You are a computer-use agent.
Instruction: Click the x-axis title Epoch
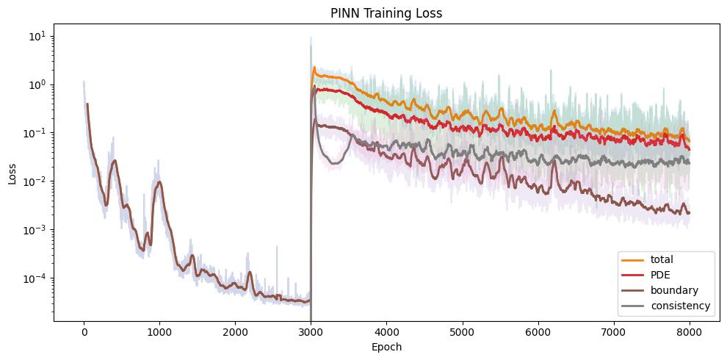click(386, 346)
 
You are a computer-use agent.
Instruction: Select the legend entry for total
click(662, 259)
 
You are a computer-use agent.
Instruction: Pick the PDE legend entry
click(660, 275)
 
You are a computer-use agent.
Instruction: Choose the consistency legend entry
click(680, 306)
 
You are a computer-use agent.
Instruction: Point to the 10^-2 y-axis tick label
click(37, 181)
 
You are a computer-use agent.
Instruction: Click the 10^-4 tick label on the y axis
click(37, 278)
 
